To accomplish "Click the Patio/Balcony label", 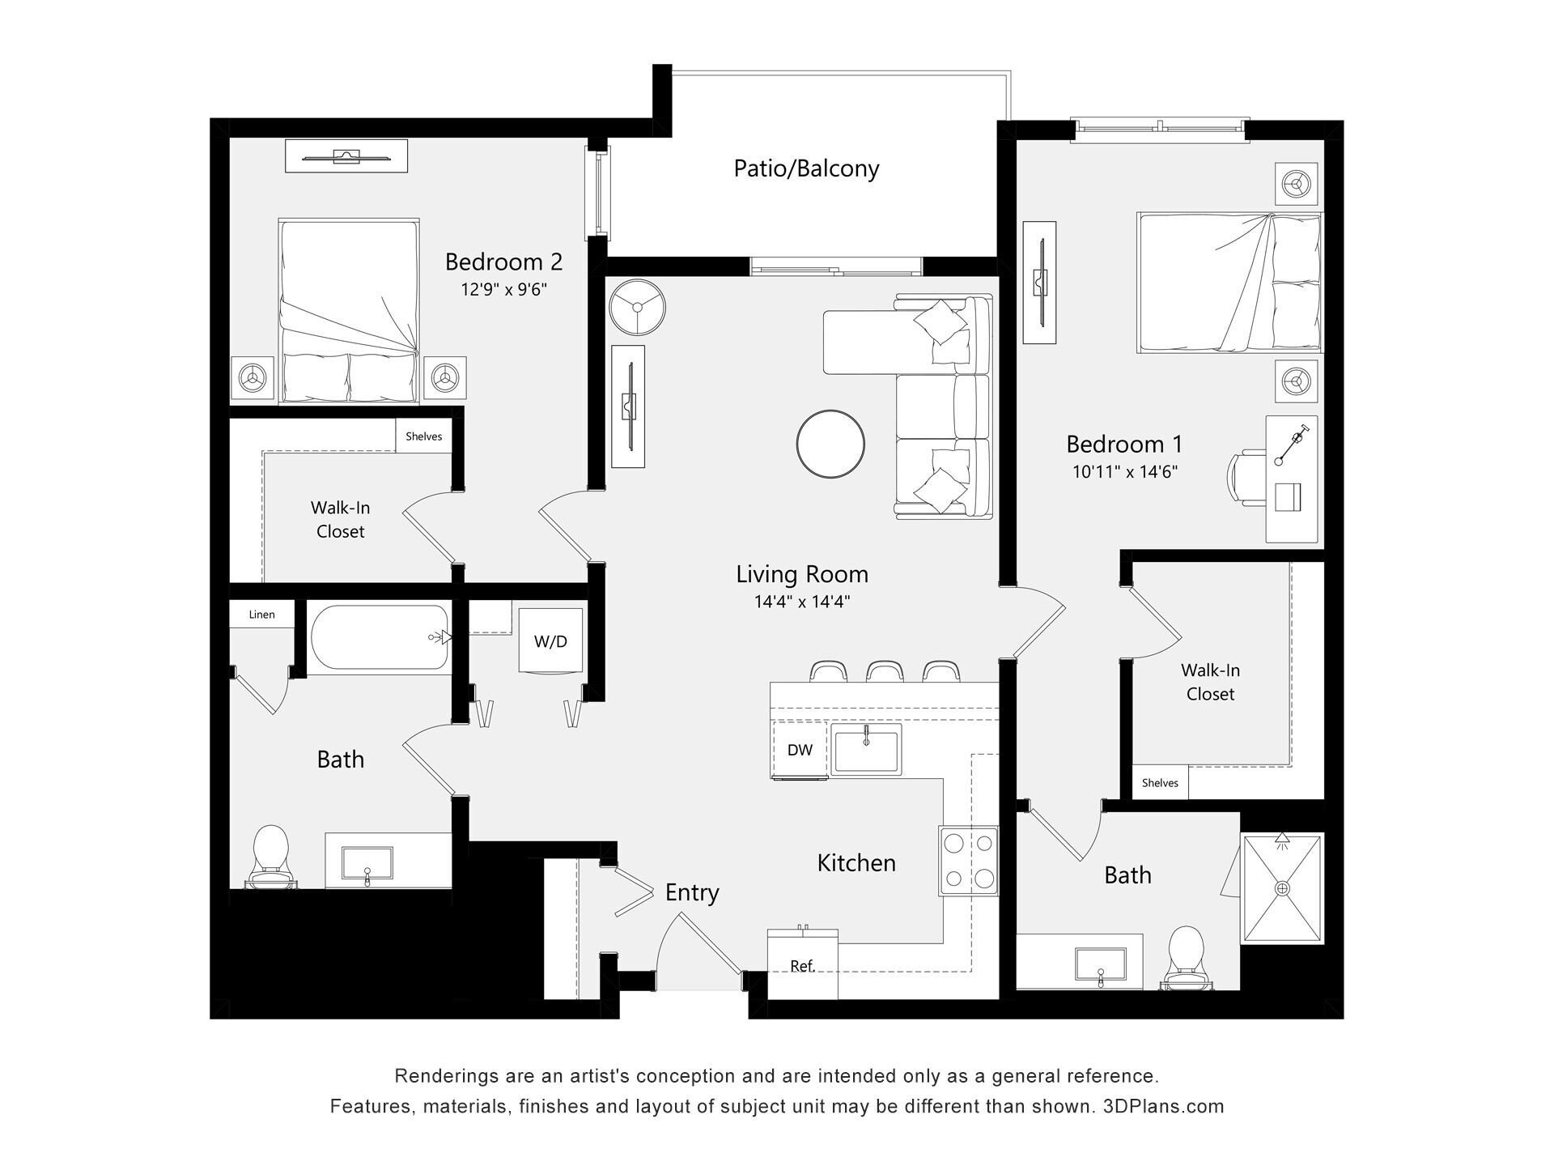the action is coord(806,168).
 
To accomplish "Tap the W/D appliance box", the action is coord(550,640).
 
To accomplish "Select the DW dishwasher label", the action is coord(800,750).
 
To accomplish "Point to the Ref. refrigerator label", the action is coord(802,966).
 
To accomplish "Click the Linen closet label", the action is coord(261,615).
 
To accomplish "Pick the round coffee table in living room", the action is coord(830,444).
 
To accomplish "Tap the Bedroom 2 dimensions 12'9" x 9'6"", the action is coord(504,289).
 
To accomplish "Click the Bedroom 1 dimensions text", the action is coord(1125,471).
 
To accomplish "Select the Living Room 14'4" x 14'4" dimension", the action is coord(802,602).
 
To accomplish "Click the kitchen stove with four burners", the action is coord(968,861).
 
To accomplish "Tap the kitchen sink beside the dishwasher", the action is coord(866,750).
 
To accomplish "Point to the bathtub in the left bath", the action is coord(379,638).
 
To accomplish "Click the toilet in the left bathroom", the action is coord(271,857).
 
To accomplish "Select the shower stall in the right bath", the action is coord(1282,888).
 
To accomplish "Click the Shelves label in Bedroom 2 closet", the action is coord(423,436).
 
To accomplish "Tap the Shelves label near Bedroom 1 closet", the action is coord(1160,783).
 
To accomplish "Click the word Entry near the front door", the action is coord(692,892).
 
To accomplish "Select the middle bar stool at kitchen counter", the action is coord(885,671).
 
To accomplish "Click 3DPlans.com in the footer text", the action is coord(1163,1106).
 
